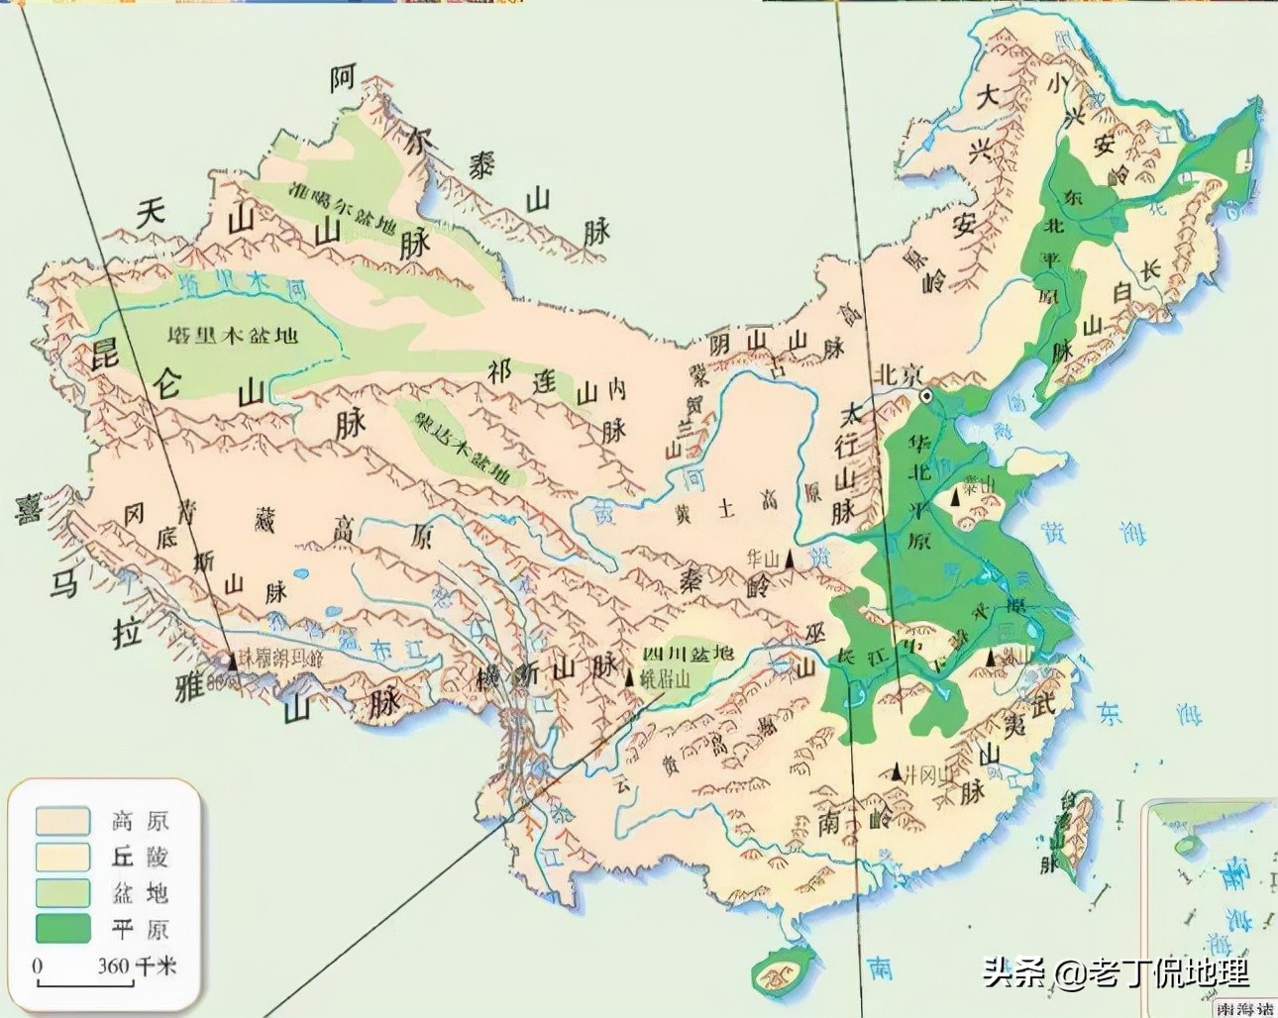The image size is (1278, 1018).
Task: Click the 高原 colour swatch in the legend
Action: click(61, 821)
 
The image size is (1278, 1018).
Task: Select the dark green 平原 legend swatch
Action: click(61, 928)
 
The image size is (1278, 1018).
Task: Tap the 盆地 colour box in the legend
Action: click(61, 892)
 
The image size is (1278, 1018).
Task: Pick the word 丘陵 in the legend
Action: click(140, 857)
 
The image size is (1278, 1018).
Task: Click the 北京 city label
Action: click(898, 374)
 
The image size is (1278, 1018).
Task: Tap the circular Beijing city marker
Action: click(926, 395)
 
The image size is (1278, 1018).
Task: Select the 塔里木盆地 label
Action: click(233, 335)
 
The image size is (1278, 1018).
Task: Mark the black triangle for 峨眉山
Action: click(630, 678)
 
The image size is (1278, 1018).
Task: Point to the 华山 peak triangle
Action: click(790, 560)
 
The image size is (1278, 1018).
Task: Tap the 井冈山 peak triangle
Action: click(897, 770)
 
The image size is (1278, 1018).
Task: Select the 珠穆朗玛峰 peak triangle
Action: click(231, 659)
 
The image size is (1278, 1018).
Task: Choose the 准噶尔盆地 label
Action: click(342, 205)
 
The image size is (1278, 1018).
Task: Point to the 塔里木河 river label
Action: click(243, 285)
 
